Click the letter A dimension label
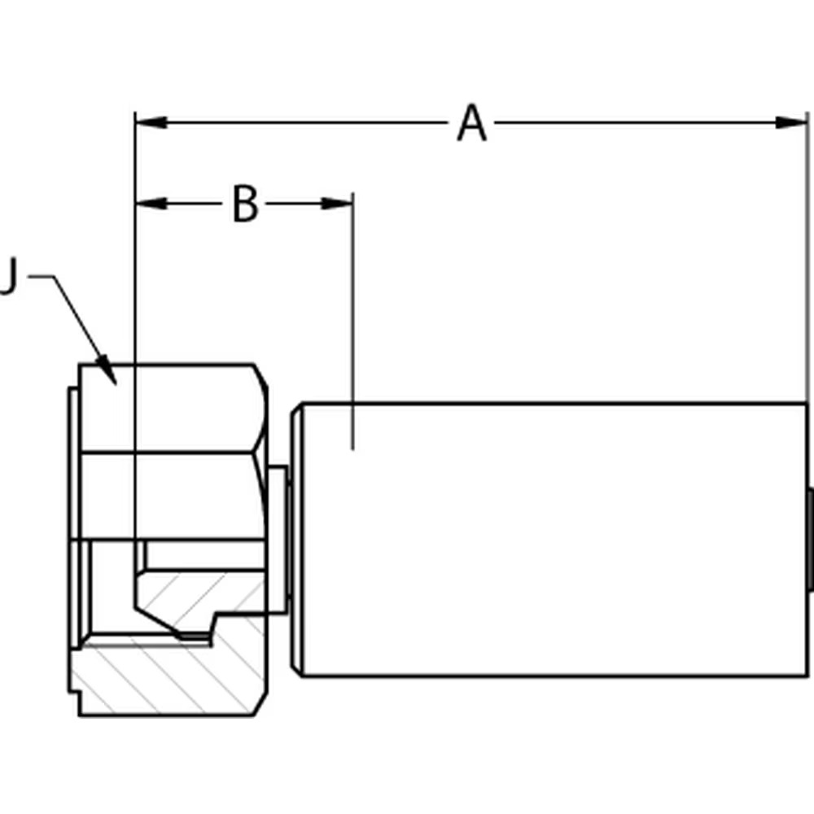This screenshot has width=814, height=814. coord(471,124)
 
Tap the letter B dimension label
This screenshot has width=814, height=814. coord(245,203)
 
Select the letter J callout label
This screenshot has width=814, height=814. coord(8,277)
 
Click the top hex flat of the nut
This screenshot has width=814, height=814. coord(171,407)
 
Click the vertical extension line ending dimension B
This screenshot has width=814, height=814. coord(352,326)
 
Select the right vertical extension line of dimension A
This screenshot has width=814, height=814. coord(807,260)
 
